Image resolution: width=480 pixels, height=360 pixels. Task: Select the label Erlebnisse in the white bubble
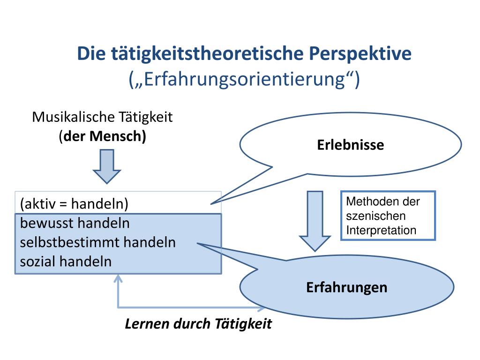[x=350, y=145]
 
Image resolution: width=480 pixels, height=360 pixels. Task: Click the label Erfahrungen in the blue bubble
[x=347, y=287]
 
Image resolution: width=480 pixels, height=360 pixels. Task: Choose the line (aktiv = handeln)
[x=74, y=204]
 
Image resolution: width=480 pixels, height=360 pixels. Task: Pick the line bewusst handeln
[x=75, y=223]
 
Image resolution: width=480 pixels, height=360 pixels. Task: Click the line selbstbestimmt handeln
[x=98, y=242]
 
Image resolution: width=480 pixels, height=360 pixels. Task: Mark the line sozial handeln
[x=66, y=261]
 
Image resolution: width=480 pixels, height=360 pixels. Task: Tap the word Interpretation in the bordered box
[x=381, y=230]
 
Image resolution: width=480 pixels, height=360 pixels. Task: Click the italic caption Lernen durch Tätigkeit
[x=198, y=324]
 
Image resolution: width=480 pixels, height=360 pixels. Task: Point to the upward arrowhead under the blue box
[x=118, y=280]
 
